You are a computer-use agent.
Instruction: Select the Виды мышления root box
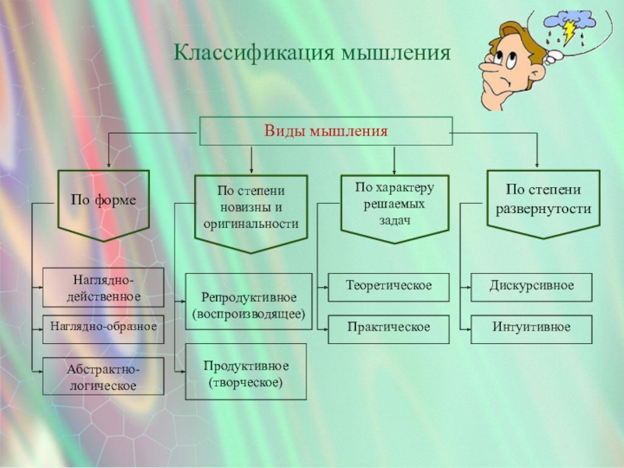(x=325, y=131)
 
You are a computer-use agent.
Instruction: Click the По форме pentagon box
(x=103, y=201)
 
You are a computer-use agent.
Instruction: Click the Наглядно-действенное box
(x=103, y=287)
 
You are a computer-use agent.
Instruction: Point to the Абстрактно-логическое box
(x=103, y=376)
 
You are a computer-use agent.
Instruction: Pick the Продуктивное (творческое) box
(x=246, y=373)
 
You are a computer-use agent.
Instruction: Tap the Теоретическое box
(x=388, y=285)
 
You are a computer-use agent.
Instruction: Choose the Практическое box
(x=388, y=328)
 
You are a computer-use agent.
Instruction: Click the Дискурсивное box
(x=532, y=285)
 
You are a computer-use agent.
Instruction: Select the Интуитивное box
(x=532, y=328)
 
